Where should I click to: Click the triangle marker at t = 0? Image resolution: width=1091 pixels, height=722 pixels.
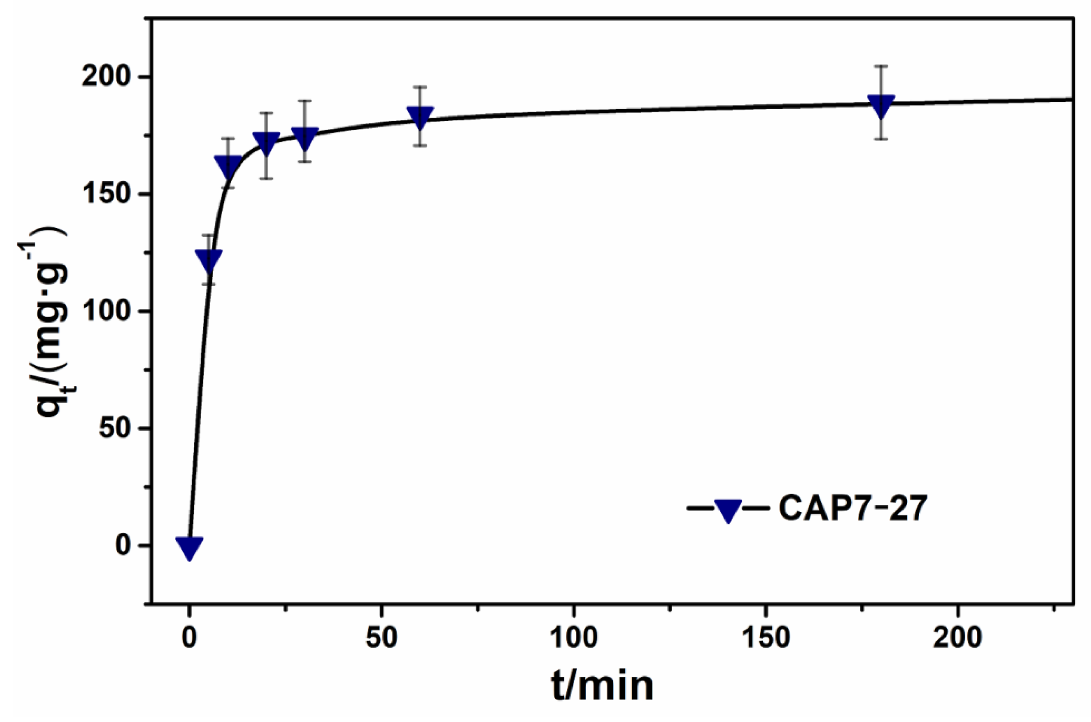pyautogui.click(x=189, y=547)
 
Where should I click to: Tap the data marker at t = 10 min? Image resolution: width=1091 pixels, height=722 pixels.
pyautogui.click(x=228, y=166)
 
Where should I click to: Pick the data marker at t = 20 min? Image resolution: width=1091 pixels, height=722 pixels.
pyautogui.click(x=266, y=144)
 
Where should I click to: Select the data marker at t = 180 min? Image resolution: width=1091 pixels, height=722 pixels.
pyautogui.click(x=881, y=106)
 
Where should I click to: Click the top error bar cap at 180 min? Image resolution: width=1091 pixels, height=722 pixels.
pyautogui.click(x=881, y=66)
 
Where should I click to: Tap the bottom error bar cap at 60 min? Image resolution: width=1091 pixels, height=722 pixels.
pyautogui.click(x=420, y=146)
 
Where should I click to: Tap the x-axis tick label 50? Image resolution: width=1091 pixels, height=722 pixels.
pyautogui.click(x=381, y=638)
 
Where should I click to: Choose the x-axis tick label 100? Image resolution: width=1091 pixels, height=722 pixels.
pyautogui.click(x=574, y=638)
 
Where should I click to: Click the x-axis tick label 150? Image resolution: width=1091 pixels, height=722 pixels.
pyautogui.click(x=766, y=638)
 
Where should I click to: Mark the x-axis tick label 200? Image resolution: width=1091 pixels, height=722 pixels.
pyautogui.click(x=957, y=638)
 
